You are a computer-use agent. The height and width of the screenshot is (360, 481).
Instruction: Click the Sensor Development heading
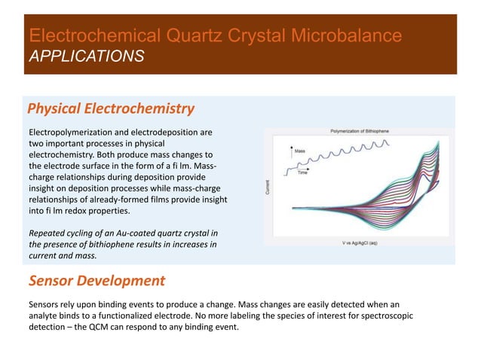tap(97, 281)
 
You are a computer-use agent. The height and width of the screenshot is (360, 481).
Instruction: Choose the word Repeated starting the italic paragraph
tap(47, 232)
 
